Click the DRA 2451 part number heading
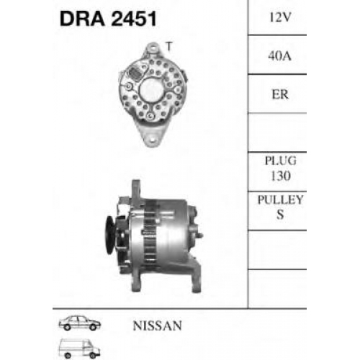click(108, 19)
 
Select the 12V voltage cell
click(280, 17)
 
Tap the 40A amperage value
click(279, 56)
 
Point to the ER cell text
click(280, 94)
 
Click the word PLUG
click(281, 161)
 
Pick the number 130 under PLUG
click(281, 176)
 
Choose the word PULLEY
click(280, 199)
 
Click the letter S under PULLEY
click(280, 215)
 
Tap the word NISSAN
click(158, 325)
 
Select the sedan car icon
click(80, 323)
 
